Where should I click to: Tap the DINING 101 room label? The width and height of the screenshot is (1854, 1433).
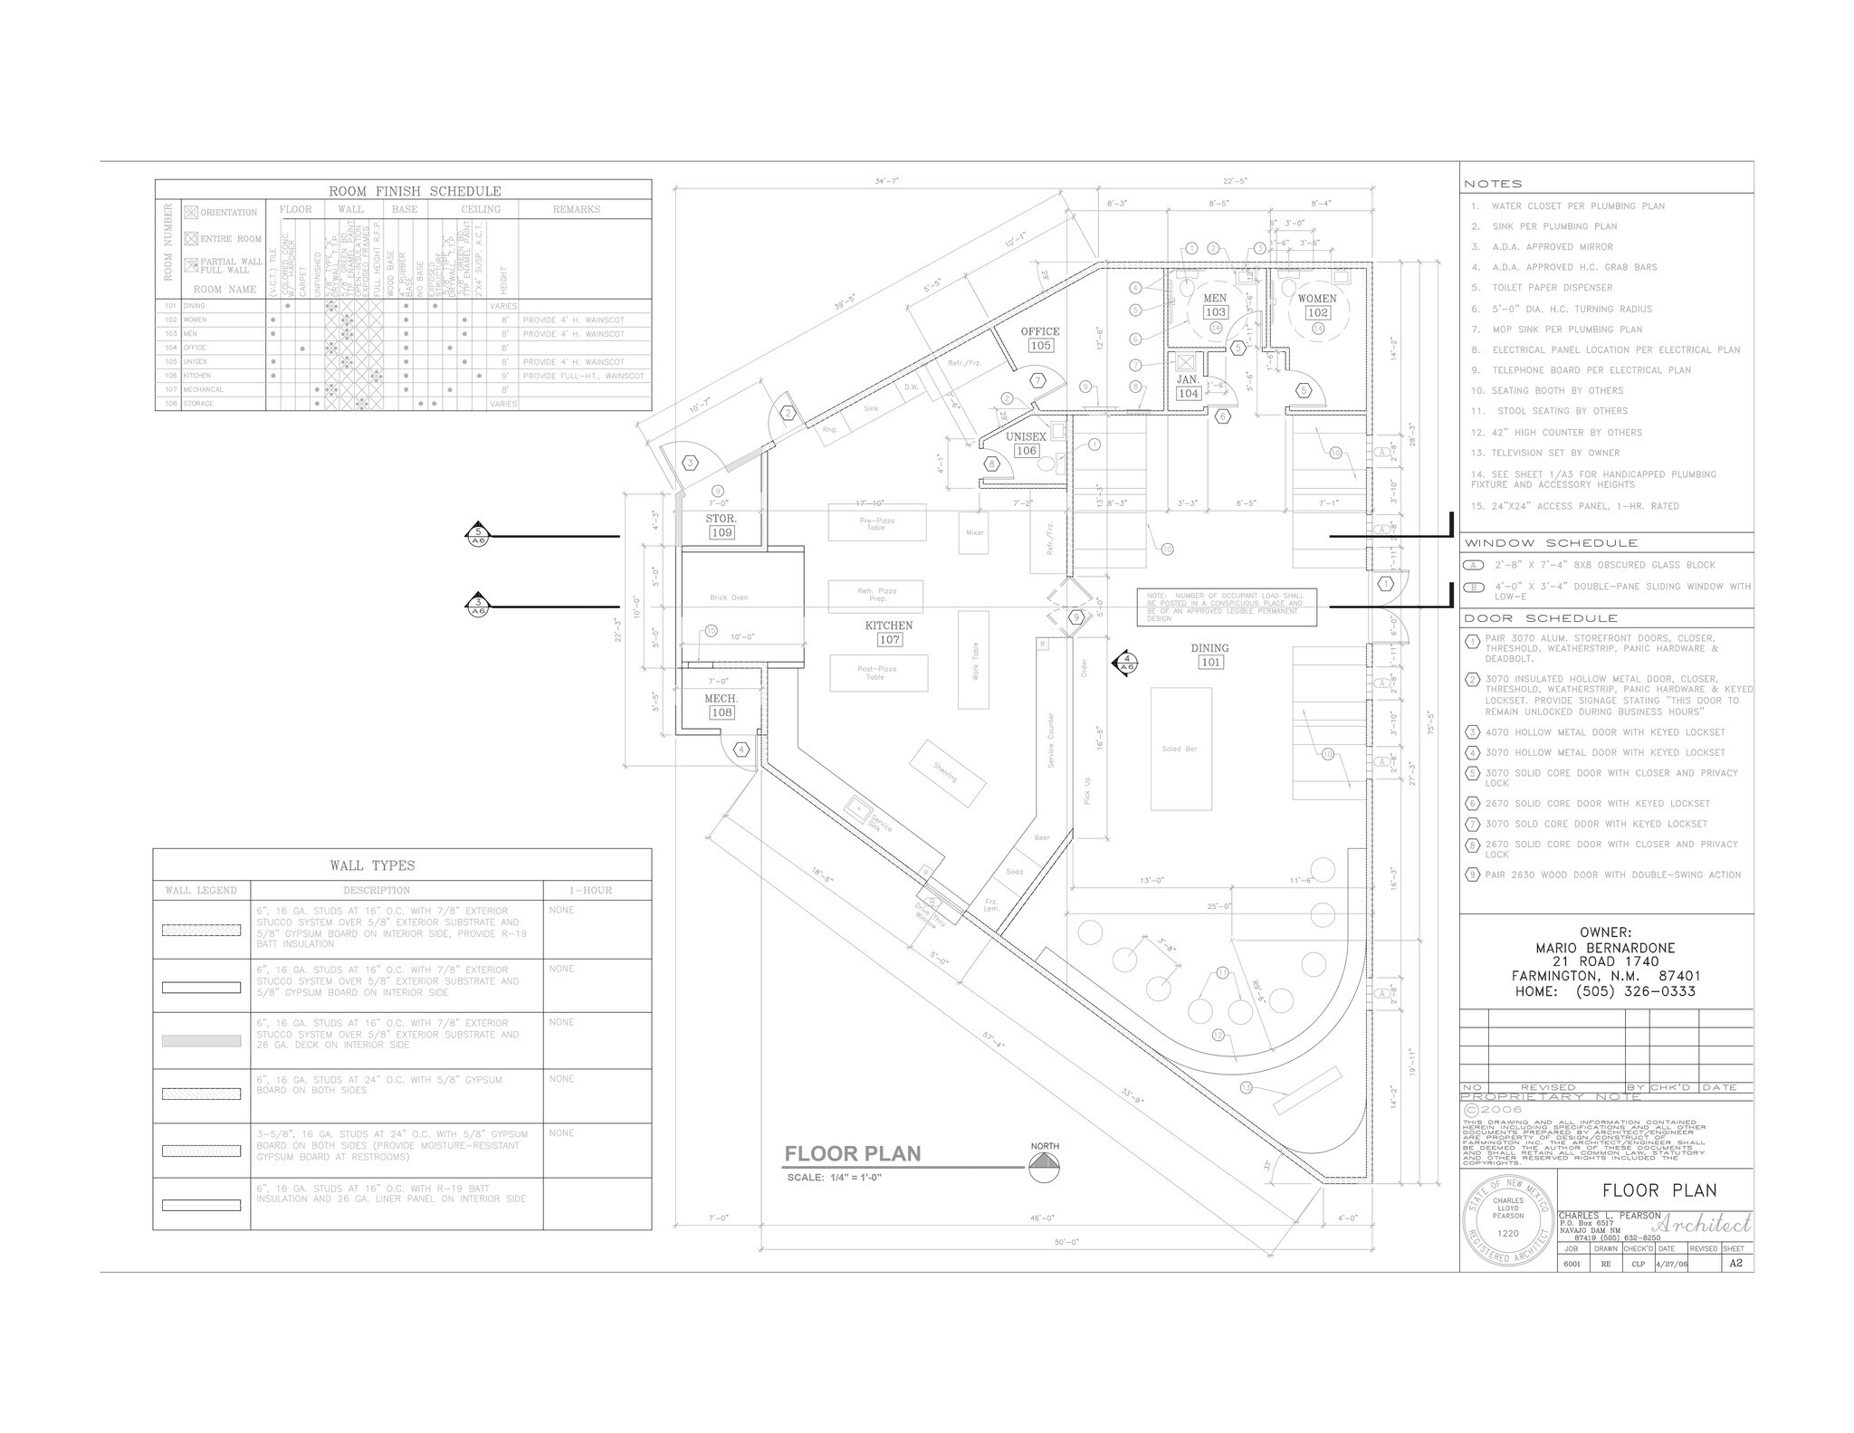click(x=1210, y=654)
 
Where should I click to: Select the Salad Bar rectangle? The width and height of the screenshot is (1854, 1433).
click(x=1180, y=749)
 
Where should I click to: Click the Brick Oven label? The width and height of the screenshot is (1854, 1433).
click(x=729, y=597)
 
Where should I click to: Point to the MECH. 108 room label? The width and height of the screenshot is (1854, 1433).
click(x=722, y=706)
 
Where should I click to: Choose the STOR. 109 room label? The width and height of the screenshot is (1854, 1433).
click(x=722, y=526)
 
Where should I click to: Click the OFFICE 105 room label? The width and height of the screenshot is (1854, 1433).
click(x=1040, y=339)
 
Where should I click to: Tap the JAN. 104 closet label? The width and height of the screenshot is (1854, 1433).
click(x=1188, y=387)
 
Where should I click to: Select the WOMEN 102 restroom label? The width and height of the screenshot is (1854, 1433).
click(x=1317, y=305)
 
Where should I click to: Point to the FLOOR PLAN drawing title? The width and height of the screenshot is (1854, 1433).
click(x=852, y=1153)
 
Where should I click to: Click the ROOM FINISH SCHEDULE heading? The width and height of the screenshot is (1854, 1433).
click(x=415, y=191)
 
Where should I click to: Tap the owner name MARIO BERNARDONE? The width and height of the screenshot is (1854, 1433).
click(x=1605, y=948)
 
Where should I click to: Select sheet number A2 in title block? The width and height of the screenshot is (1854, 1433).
click(x=1735, y=1263)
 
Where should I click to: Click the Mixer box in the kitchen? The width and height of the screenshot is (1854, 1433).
click(x=974, y=532)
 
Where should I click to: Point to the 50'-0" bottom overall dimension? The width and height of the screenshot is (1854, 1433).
click(x=1066, y=1242)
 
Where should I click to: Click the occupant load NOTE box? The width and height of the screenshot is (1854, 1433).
click(x=1227, y=607)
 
